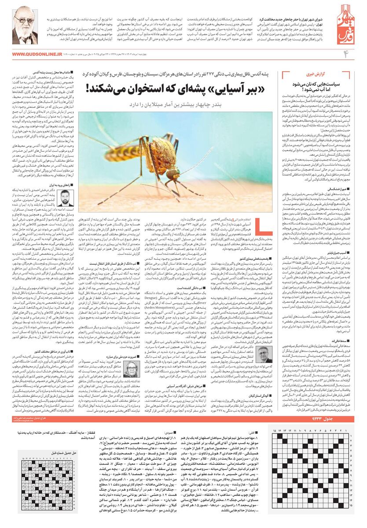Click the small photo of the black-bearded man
point(64,198)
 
